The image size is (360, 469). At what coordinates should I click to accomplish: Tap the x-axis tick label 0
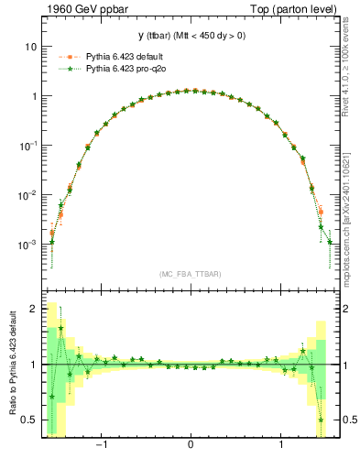[x=190, y=446]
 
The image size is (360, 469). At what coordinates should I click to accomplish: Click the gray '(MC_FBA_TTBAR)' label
[x=190, y=274]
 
